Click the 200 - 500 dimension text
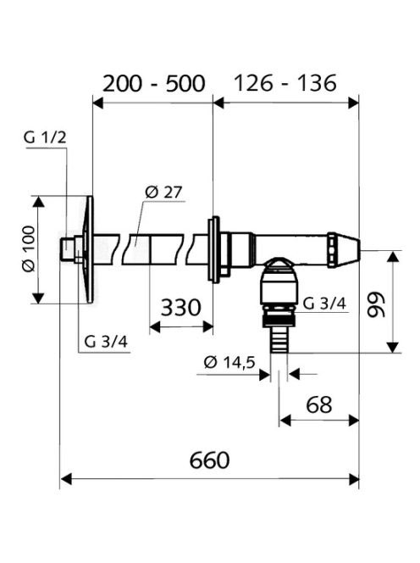tap(154, 83)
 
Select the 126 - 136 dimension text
tap(285, 83)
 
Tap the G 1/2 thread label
tap(45, 137)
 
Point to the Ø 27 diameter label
tap(163, 192)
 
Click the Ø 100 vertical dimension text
tap(28, 248)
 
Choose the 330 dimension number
tap(180, 307)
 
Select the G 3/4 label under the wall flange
tap(106, 342)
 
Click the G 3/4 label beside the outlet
tap(324, 304)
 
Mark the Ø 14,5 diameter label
tap(229, 362)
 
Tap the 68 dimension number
tap(319, 404)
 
